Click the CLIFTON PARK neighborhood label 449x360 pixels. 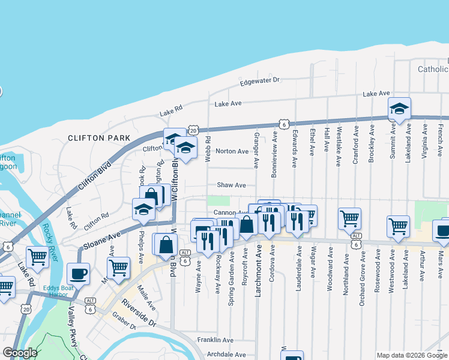point(99,138)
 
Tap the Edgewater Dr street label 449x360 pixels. point(260,80)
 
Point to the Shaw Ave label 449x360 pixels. point(232,185)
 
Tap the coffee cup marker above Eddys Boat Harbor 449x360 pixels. point(79,274)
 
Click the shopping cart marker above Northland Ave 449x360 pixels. point(349,218)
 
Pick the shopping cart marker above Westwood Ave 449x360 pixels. point(398,227)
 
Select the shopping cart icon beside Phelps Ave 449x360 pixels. point(119,266)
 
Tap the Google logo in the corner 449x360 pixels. point(20,353)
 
